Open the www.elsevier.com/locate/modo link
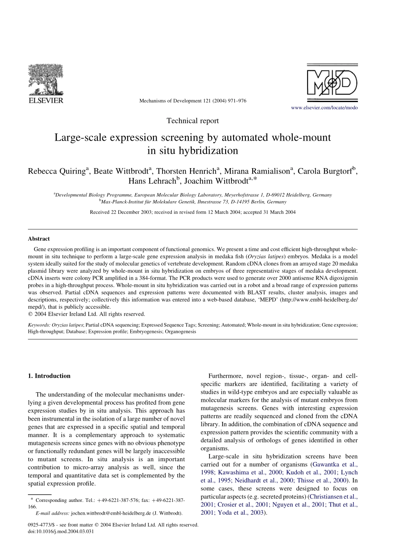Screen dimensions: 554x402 pyautogui.click(x=324, y=108)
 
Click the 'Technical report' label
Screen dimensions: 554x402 pyautogui.click(x=193, y=121)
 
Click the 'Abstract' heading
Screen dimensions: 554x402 pyautogui.click(x=39, y=239)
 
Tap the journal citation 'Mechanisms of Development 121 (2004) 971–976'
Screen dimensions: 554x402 pyautogui.click(x=193, y=101)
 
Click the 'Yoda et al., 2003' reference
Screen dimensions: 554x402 pyautogui.click(x=241, y=512)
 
